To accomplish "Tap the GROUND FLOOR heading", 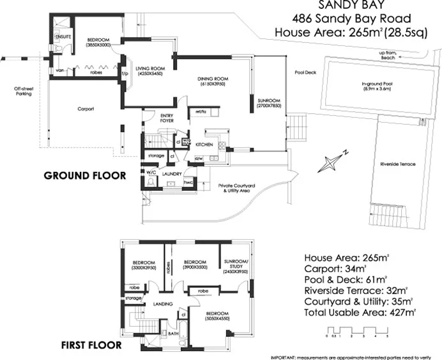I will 84,175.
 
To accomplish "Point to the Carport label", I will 86,109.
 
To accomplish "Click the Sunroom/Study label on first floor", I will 237,265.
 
